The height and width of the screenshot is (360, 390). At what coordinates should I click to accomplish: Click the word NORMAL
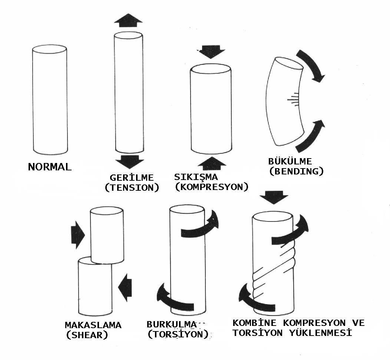(x=50, y=167)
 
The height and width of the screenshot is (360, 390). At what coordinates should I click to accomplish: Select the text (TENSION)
(x=132, y=188)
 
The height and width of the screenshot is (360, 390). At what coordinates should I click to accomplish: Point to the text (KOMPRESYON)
(x=211, y=187)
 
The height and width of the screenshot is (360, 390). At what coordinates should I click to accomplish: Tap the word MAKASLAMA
(x=93, y=325)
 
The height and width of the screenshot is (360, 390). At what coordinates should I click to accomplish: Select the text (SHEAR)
(x=87, y=335)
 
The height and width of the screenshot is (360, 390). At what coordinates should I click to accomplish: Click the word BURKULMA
(x=171, y=324)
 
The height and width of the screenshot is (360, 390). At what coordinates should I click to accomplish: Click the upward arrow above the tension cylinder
(x=128, y=20)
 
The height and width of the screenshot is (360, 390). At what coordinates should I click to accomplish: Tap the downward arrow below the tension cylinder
(x=129, y=162)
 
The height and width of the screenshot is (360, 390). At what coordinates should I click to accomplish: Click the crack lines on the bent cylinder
(x=294, y=99)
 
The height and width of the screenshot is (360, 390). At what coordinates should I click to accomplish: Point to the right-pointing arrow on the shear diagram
(x=78, y=235)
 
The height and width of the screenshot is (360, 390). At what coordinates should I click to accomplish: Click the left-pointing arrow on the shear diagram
(x=125, y=286)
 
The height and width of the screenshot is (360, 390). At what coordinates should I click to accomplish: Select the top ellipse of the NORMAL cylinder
(x=49, y=50)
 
